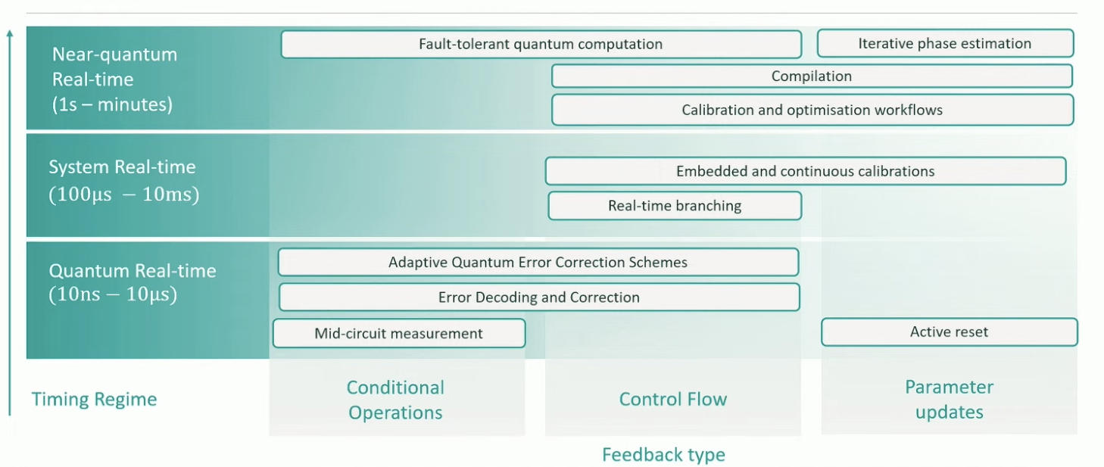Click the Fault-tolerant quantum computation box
[x=541, y=44]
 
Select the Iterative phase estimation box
[x=945, y=43]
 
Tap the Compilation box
[x=812, y=76]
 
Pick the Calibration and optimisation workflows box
[x=812, y=110]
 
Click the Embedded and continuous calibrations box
[x=805, y=171]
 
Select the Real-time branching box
[x=674, y=206]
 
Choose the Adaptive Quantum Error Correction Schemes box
[x=538, y=263]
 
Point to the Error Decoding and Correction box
[x=538, y=297]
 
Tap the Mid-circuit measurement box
[x=398, y=333]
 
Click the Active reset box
[x=949, y=332]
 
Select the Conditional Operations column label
[x=395, y=400]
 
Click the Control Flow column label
[x=672, y=399]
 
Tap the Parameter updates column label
[x=949, y=400]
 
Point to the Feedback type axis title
[x=663, y=454]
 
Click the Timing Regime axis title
[x=94, y=399]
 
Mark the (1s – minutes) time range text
[x=112, y=104]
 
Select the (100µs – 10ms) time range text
[x=123, y=195]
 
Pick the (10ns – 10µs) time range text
[x=113, y=295]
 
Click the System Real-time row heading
[x=122, y=167]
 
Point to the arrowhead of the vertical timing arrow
[x=10, y=33]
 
